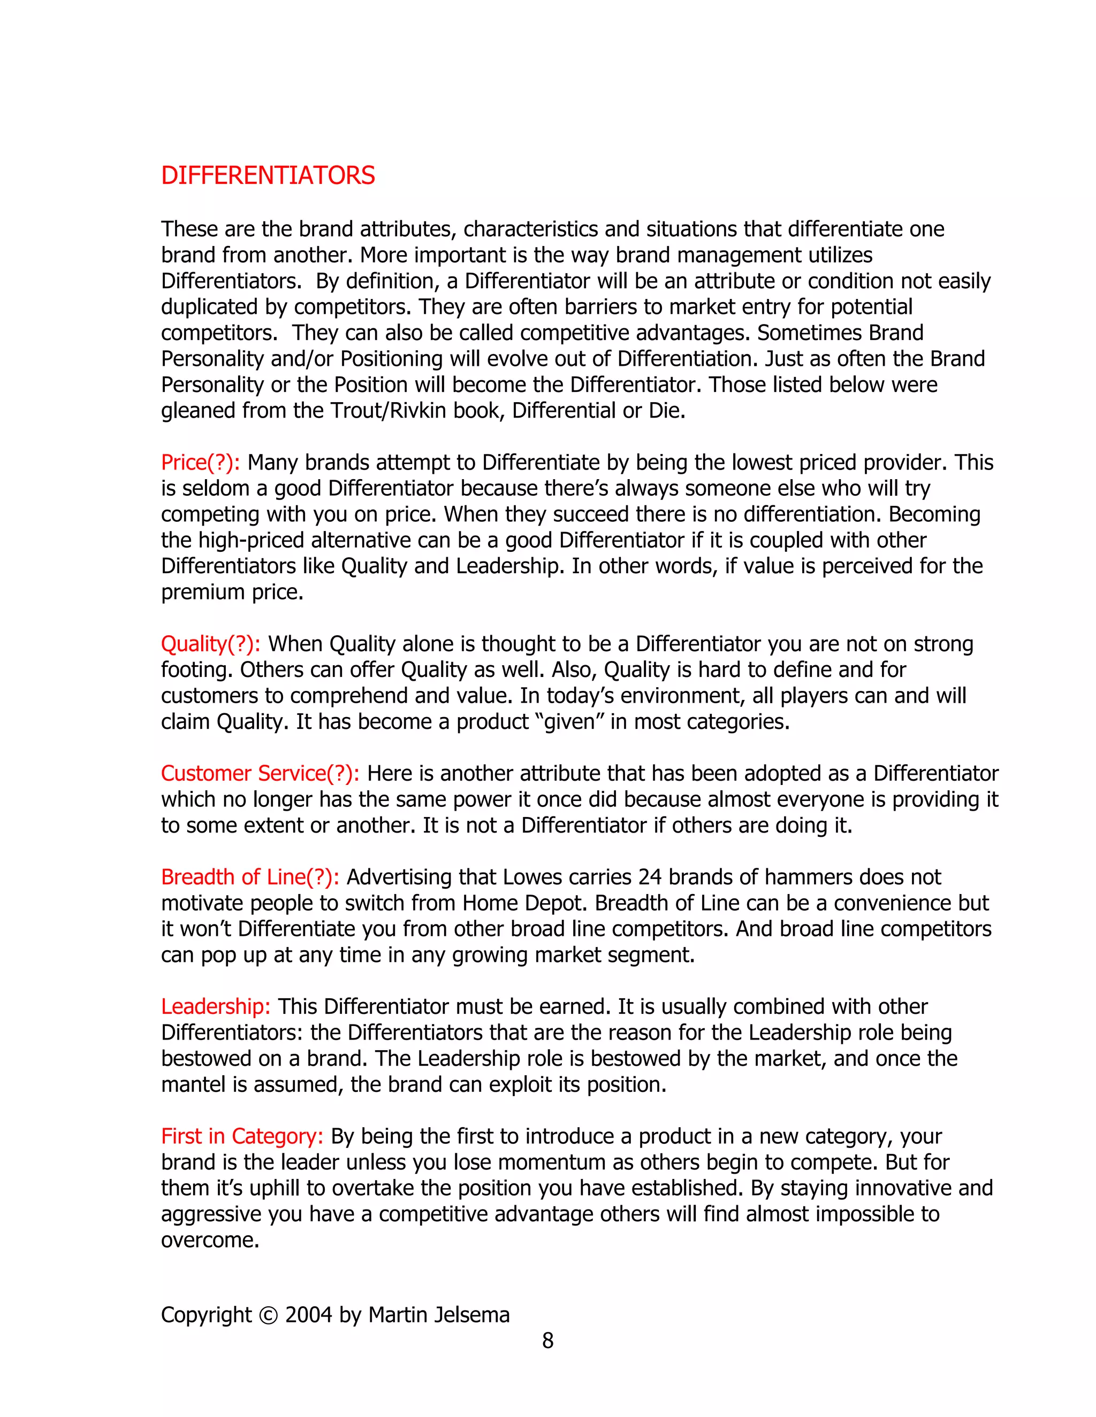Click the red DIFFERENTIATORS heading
tap(268, 176)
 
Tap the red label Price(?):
tap(200, 463)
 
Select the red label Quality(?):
tap(210, 644)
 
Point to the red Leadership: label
tap(216, 1006)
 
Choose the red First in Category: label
tap(241, 1136)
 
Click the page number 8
tap(547, 1341)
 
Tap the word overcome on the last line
tap(210, 1240)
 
